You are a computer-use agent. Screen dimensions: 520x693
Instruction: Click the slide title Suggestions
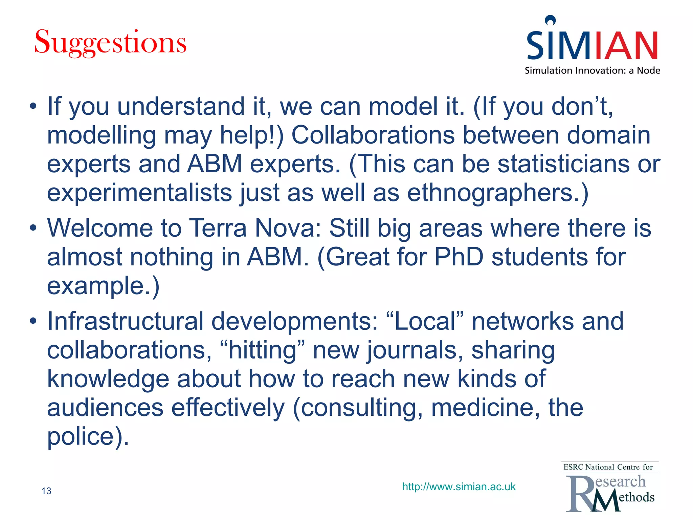(x=110, y=43)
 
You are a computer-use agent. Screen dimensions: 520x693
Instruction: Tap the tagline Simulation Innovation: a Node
(x=592, y=70)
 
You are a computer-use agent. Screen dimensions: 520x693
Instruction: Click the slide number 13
(x=46, y=491)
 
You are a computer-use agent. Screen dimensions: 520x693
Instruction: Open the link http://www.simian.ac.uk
(x=459, y=486)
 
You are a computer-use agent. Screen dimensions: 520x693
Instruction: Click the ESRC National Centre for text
(x=608, y=467)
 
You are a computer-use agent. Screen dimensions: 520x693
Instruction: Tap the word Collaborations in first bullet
(x=373, y=135)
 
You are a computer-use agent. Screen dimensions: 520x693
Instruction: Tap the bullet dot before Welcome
(x=33, y=228)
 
